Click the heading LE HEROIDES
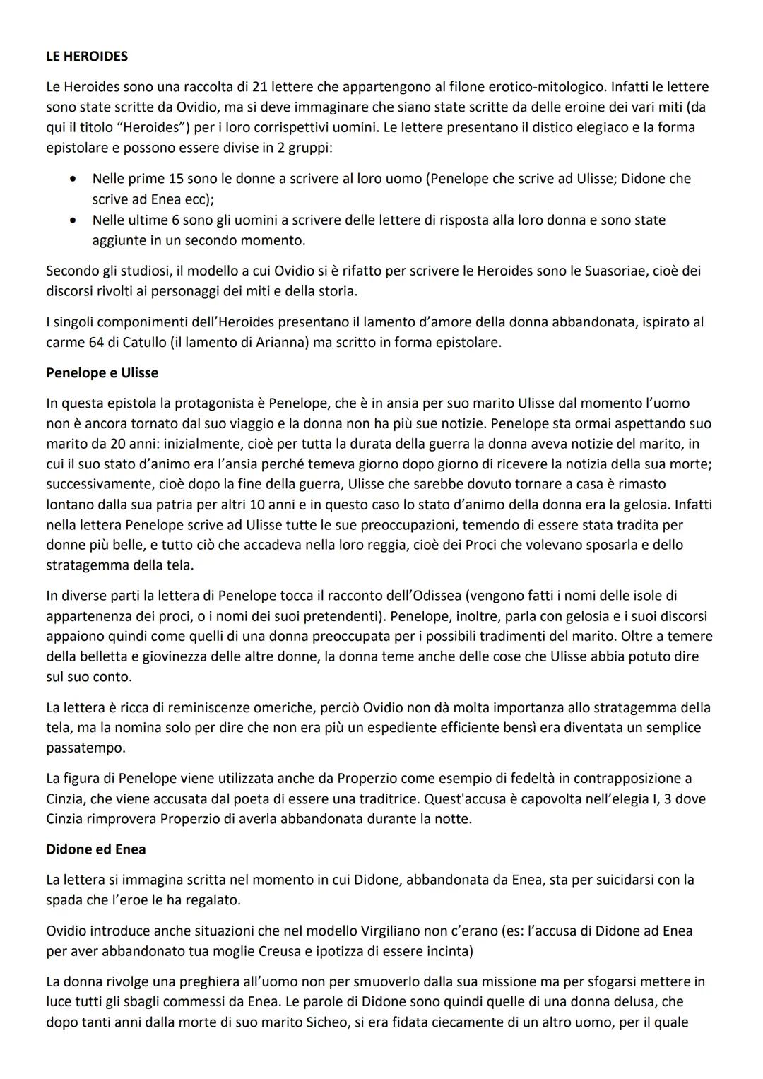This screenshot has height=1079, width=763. [x=87, y=56]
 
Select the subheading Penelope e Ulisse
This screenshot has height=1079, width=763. [x=102, y=372]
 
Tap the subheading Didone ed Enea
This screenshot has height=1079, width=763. [x=96, y=849]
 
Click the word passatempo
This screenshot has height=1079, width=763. [x=85, y=748]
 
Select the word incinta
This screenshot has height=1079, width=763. [x=449, y=951]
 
